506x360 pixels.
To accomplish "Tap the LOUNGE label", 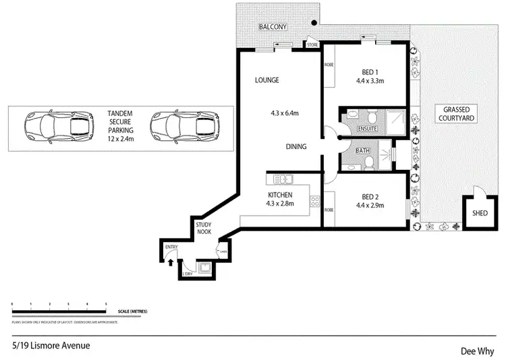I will tap(266, 80).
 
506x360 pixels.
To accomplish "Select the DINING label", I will tap(296, 146).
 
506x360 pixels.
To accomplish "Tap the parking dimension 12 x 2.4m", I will tap(120, 138).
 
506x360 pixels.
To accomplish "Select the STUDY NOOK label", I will tap(204, 228).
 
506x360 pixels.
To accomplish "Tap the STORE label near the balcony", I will tap(312, 45).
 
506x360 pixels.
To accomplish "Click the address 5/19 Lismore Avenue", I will tap(51, 346).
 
